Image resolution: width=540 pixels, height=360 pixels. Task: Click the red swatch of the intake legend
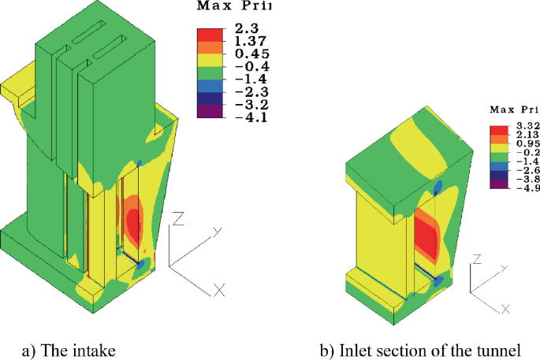211,34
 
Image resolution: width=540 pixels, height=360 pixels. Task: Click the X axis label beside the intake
220,290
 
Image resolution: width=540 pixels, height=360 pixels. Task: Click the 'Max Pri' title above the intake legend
235,7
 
